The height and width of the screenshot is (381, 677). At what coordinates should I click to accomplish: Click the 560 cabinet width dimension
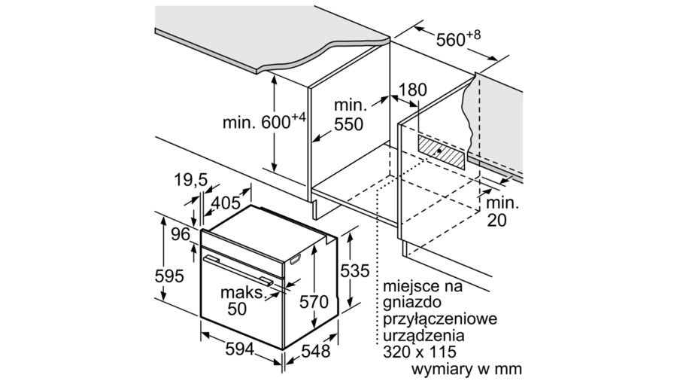click(x=457, y=38)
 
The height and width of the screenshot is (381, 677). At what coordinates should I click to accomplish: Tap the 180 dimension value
click(x=412, y=90)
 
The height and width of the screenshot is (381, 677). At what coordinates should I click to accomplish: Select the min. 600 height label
click(x=264, y=121)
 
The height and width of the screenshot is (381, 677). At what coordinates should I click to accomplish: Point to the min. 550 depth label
click(x=349, y=115)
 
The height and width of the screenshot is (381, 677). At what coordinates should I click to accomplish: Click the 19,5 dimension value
click(x=191, y=180)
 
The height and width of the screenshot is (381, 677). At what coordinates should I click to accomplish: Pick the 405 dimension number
click(x=226, y=202)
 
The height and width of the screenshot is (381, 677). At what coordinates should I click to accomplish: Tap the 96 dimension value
click(x=181, y=234)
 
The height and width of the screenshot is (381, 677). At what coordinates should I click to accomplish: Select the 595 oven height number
click(x=169, y=276)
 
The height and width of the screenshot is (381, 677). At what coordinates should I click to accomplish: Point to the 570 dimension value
click(x=314, y=301)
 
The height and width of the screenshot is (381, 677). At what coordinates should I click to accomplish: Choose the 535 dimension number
click(x=355, y=271)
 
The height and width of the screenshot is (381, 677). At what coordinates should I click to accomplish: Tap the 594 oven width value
click(x=240, y=349)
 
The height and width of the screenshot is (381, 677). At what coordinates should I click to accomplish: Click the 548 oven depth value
click(x=316, y=351)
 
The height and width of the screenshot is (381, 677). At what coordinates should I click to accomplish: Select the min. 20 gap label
click(x=502, y=212)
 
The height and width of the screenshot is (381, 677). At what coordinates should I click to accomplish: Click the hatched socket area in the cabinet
click(x=441, y=151)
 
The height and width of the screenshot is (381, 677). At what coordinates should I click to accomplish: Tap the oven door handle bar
click(x=238, y=270)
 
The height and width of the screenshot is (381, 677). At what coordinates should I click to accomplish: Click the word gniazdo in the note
click(x=411, y=303)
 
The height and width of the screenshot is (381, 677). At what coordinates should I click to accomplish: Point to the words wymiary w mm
click(x=466, y=369)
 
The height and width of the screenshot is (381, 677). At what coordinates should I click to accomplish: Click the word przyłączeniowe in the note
click(x=440, y=320)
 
